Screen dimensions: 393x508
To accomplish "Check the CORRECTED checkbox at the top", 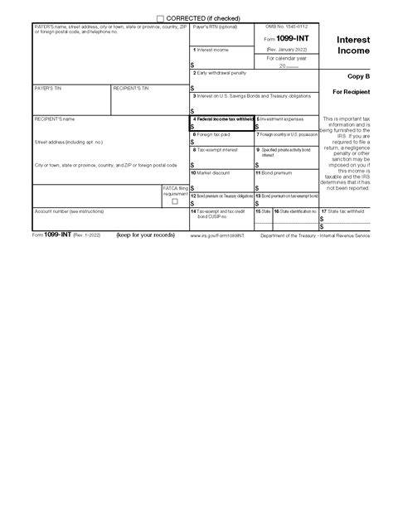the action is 160,17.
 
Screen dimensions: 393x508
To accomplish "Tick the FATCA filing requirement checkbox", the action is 174,201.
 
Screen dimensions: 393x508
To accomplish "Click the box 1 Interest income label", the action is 210,51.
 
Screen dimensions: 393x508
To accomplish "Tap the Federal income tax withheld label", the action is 223,119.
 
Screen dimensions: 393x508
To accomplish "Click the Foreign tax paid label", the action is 211,133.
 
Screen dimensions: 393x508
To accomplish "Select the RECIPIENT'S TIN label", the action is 131,87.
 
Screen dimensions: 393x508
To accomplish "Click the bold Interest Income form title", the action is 353,45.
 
